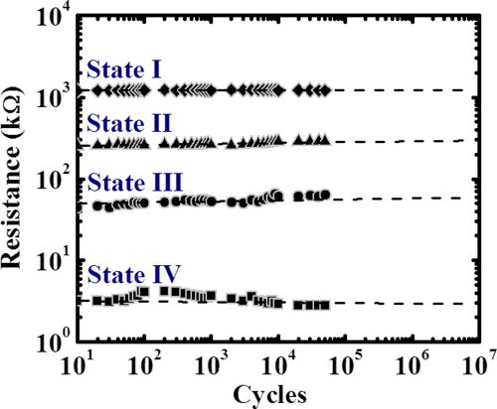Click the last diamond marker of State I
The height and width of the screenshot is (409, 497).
pyautogui.click(x=324, y=90)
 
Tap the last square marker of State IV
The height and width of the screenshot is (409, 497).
pyautogui.click(x=324, y=305)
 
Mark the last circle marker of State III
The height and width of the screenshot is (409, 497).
pyautogui.click(x=324, y=195)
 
